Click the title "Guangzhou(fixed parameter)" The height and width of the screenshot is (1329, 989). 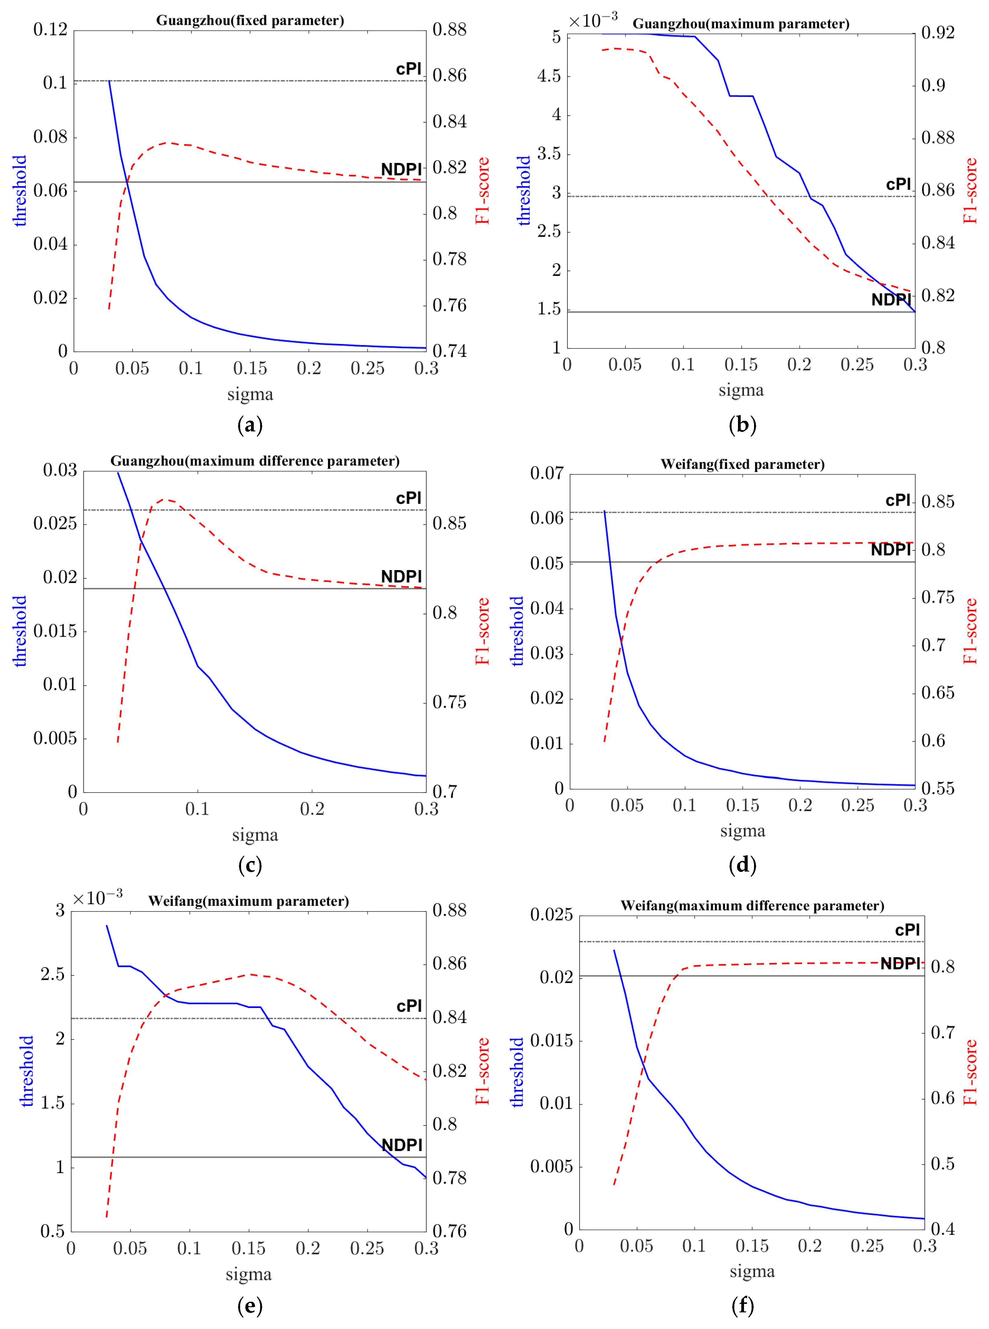click(x=250, y=20)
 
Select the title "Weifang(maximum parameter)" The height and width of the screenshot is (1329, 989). click(x=248, y=901)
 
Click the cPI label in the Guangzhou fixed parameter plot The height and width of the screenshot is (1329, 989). click(x=409, y=69)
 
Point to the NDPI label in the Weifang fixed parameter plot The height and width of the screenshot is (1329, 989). click(x=891, y=549)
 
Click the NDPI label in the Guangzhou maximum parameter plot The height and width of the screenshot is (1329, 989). click(x=891, y=300)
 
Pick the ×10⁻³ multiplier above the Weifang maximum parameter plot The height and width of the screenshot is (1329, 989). click(x=98, y=898)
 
